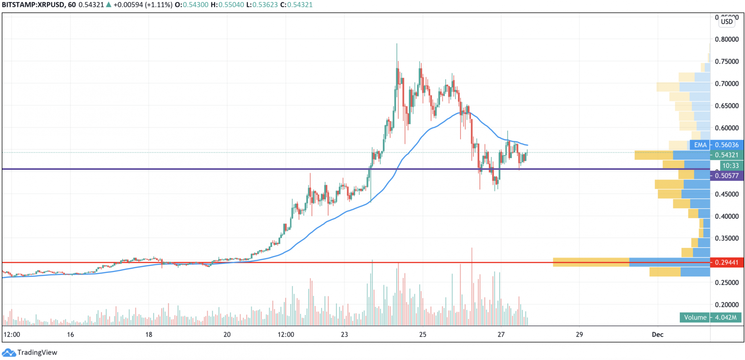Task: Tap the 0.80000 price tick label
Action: pyautogui.click(x=726, y=39)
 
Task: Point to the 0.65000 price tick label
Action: pyautogui.click(x=726, y=106)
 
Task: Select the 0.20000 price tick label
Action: pyautogui.click(x=726, y=304)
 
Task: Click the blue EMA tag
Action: pyautogui.click(x=700, y=145)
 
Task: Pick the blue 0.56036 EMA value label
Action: pyautogui.click(x=727, y=145)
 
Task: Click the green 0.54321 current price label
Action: pyautogui.click(x=727, y=155)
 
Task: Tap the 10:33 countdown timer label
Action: pyautogui.click(x=730, y=165)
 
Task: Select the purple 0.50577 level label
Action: pyautogui.click(x=727, y=176)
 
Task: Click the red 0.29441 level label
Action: pyautogui.click(x=727, y=262)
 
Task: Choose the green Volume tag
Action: pyautogui.click(x=695, y=318)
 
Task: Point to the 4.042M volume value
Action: pyautogui.click(x=726, y=318)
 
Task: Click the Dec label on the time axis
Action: pyautogui.click(x=657, y=334)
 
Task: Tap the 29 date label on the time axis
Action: pyautogui.click(x=579, y=334)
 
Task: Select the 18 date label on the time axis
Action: pyautogui.click(x=149, y=334)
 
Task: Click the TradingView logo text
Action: pyautogui.click(x=37, y=353)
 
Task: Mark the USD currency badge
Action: pyautogui.click(x=727, y=22)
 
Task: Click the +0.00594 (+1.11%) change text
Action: pyautogui.click(x=143, y=5)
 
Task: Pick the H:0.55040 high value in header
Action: pyautogui.click(x=227, y=5)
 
